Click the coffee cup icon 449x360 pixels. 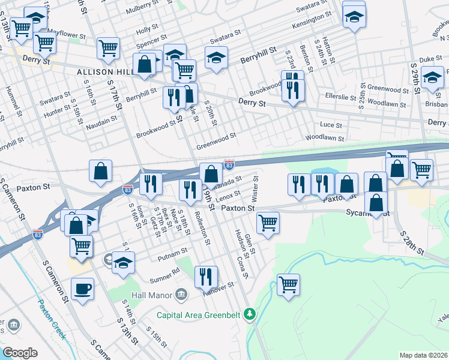click(82, 289)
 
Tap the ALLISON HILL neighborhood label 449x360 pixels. click(100, 71)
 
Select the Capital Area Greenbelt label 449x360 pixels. click(201, 314)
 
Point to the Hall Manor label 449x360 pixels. click(150, 294)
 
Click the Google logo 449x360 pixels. click(20, 353)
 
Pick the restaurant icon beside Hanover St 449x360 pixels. click(206, 277)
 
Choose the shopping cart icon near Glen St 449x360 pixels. click(268, 223)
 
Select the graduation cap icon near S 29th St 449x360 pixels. click(432, 78)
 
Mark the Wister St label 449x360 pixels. click(256, 188)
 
